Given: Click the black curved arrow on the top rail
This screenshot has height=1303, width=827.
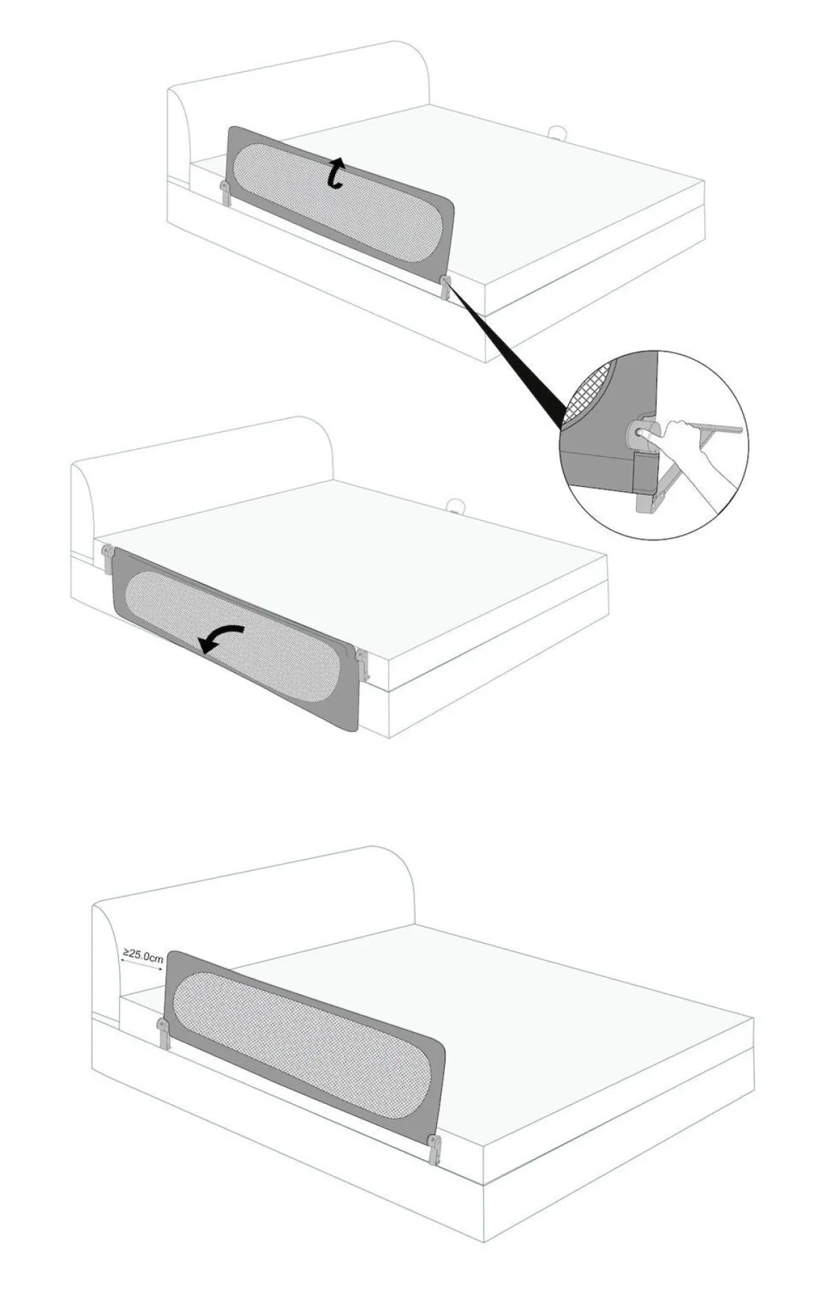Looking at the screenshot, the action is click(x=336, y=175).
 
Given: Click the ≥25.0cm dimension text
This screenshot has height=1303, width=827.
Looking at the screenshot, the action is click(x=143, y=954).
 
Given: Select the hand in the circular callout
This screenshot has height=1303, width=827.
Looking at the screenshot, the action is click(x=695, y=456).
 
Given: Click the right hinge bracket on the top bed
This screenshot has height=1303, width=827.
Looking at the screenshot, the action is click(x=446, y=289).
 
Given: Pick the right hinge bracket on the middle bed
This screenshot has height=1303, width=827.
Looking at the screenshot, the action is click(x=364, y=664).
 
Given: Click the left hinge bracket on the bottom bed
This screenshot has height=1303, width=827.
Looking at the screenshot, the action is click(x=163, y=1034).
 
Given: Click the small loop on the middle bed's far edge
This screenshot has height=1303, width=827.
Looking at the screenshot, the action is click(x=454, y=507).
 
